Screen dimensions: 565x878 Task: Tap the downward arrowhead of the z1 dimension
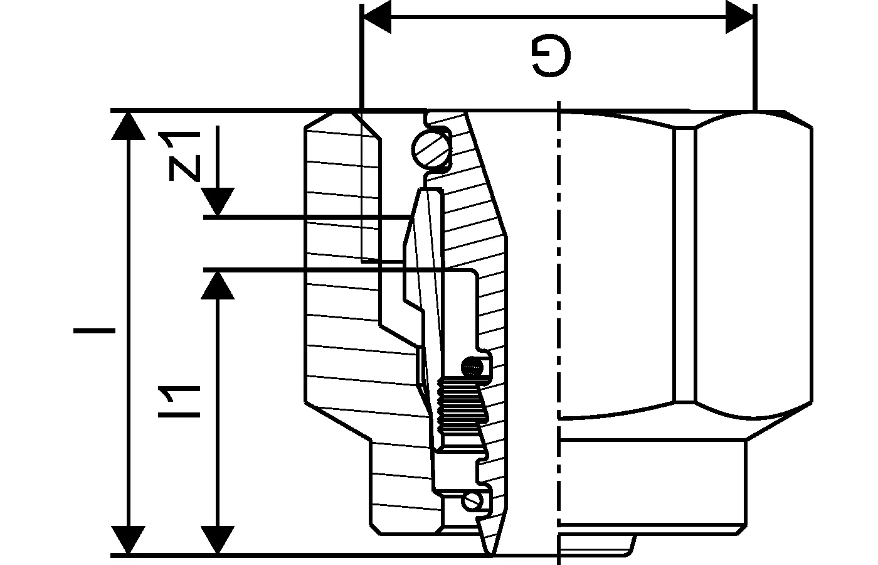coord(218,203)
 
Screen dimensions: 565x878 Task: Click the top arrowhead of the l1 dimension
coord(218,286)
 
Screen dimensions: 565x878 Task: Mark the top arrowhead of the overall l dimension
coord(129,126)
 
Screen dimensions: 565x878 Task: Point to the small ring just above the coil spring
coord(472,365)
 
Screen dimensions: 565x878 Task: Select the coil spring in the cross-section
coord(462,408)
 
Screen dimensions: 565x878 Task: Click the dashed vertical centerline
coord(558,326)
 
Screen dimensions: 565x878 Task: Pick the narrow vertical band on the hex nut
coord(685,264)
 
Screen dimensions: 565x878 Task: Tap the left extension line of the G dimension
coord(361,56)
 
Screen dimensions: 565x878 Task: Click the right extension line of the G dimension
coord(754,56)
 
